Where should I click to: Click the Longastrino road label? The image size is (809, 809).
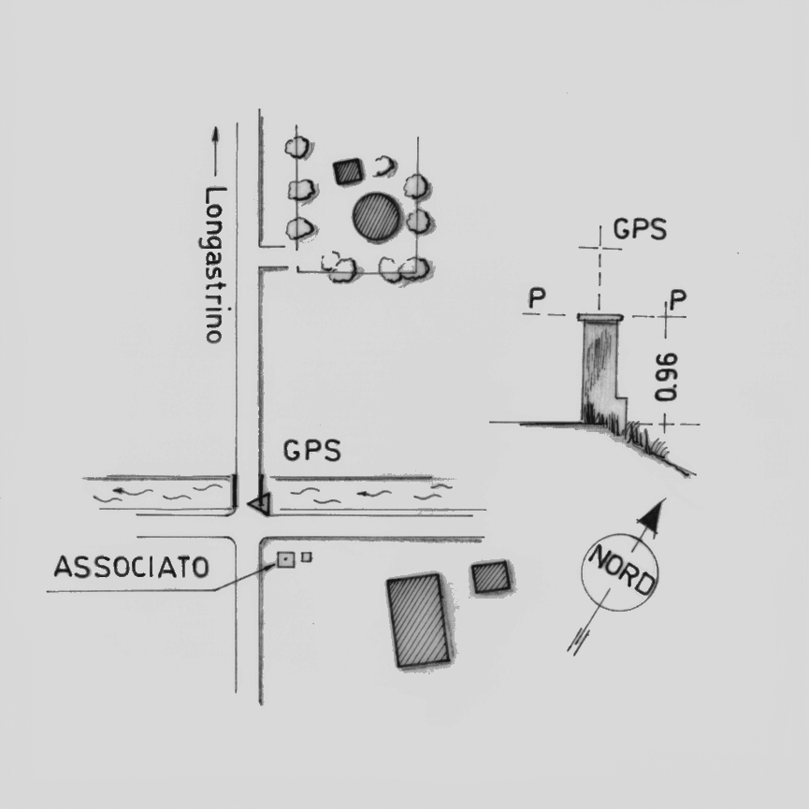(x=215, y=266)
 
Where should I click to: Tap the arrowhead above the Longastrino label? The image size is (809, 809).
(x=215, y=135)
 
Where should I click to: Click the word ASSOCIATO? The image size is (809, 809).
(x=131, y=567)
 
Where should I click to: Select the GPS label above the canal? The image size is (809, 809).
(x=311, y=451)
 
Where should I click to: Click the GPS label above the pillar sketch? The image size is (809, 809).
(x=640, y=229)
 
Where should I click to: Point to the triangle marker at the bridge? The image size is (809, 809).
(x=260, y=504)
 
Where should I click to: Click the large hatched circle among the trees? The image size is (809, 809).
(x=377, y=217)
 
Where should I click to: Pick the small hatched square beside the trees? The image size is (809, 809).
(x=348, y=170)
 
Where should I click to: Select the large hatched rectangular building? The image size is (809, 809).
(x=419, y=620)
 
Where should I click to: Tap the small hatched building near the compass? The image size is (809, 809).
(x=490, y=577)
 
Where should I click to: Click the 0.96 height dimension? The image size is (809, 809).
(x=666, y=376)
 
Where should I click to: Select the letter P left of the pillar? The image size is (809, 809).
(x=537, y=299)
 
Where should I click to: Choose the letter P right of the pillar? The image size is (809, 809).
(x=678, y=299)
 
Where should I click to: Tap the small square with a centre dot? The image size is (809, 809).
(x=284, y=560)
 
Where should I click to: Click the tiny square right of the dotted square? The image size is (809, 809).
(x=306, y=557)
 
